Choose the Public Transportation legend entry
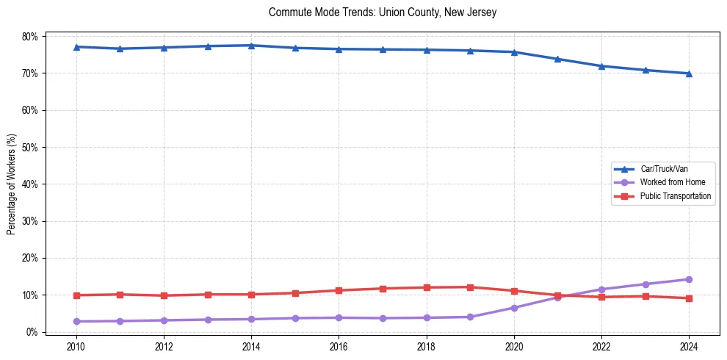(x=675, y=196)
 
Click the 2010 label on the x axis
(x=76, y=346)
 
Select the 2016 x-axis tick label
(x=339, y=346)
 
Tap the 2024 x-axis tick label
(x=689, y=346)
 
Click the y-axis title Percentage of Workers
(x=12, y=184)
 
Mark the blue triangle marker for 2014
(x=251, y=46)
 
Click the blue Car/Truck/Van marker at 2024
(x=689, y=73)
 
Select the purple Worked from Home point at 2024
(x=689, y=279)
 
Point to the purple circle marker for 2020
(x=514, y=308)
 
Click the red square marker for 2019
(x=470, y=287)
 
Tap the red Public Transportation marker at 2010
(x=76, y=295)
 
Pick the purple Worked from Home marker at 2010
(x=76, y=321)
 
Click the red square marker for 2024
(x=689, y=298)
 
